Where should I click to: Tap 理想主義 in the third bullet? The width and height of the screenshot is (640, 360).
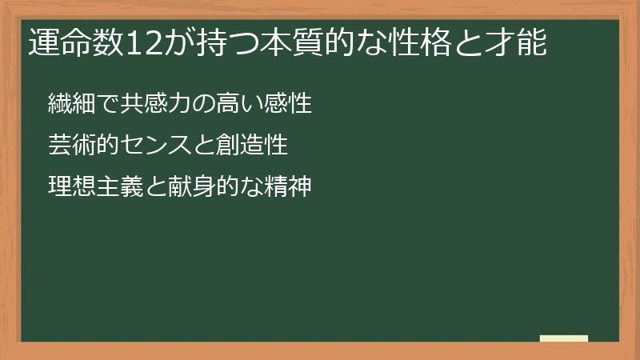95,189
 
